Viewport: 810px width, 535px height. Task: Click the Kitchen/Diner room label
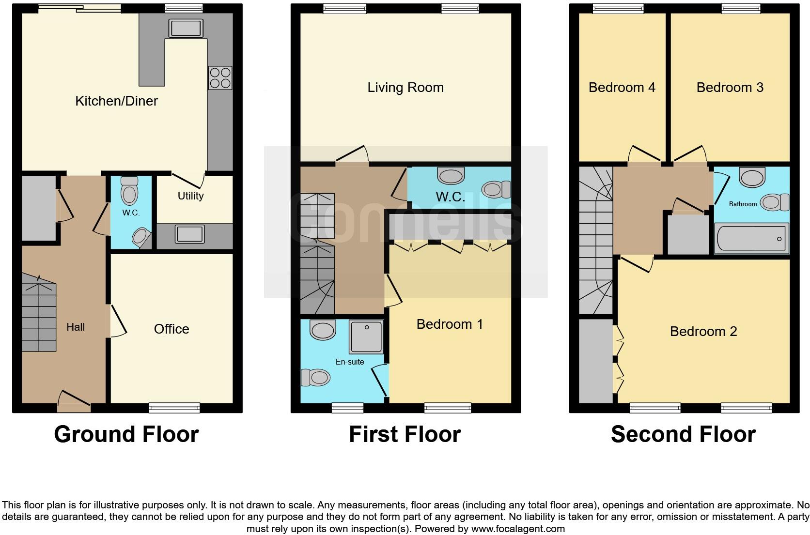point(116,101)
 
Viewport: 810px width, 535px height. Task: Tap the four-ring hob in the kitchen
point(220,77)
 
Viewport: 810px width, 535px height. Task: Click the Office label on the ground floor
point(171,329)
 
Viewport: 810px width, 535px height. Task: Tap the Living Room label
point(405,88)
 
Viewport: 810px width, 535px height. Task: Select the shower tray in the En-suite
point(367,336)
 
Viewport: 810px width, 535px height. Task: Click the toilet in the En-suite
point(315,377)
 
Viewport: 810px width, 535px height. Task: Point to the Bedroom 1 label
point(450,324)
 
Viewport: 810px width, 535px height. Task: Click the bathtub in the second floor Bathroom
point(751,238)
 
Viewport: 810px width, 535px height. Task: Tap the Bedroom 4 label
point(622,88)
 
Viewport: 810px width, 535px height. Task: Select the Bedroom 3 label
point(730,88)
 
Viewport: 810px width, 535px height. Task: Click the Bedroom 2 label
point(703,332)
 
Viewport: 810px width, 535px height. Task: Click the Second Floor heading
point(683,434)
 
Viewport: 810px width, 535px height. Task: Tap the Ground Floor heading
point(126,434)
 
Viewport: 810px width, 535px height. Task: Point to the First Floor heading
point(405,434)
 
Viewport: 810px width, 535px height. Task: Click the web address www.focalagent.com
point(518,529)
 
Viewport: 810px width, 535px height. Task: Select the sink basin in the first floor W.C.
point(451,175)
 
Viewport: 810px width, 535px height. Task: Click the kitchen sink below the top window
point(185,29)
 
